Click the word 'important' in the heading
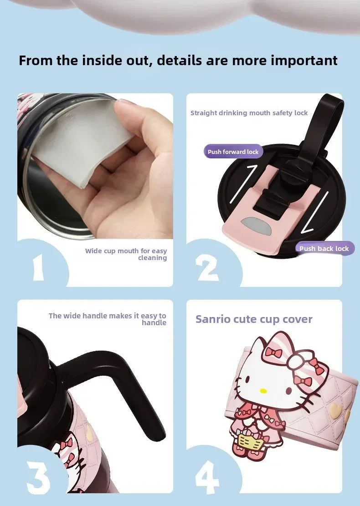tap(304, 61)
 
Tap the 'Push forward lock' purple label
tap(233, 152)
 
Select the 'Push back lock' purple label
tap(324, 248)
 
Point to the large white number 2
tap(208, 268)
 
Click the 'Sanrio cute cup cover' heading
tap(254, 319)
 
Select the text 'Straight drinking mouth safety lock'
tap(249, 113)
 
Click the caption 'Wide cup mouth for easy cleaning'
tap(126, 254)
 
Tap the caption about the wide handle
tap(108, 319)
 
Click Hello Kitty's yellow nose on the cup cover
tap(263, 391)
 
